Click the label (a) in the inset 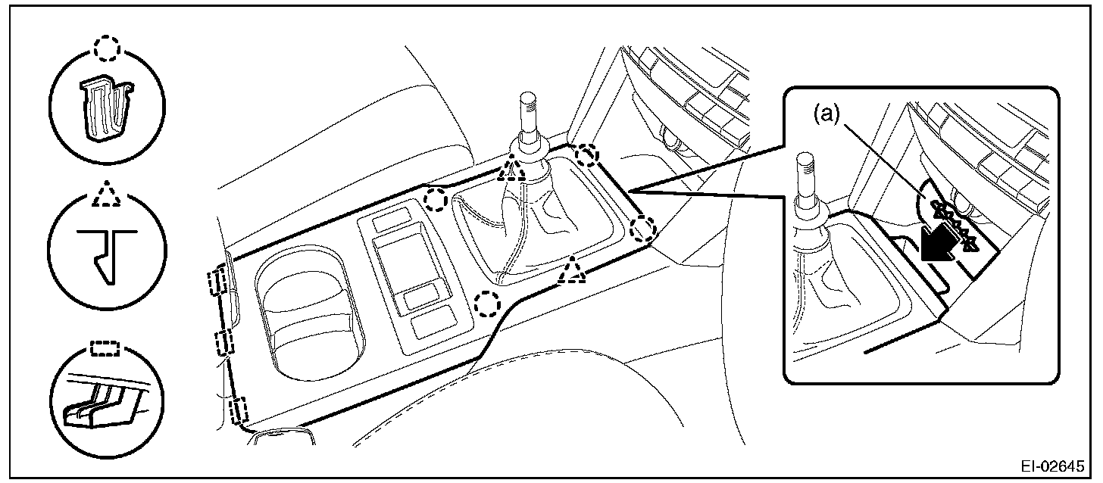(827, 116)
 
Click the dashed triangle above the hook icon (106, 195)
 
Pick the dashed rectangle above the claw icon (105, 347)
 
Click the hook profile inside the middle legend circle (106, 254)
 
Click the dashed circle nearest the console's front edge (488, 304)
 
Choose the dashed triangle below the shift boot (572, 271)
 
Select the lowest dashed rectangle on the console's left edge (239, 413)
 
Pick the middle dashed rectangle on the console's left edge (224, 343)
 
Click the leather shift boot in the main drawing (530, 227)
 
